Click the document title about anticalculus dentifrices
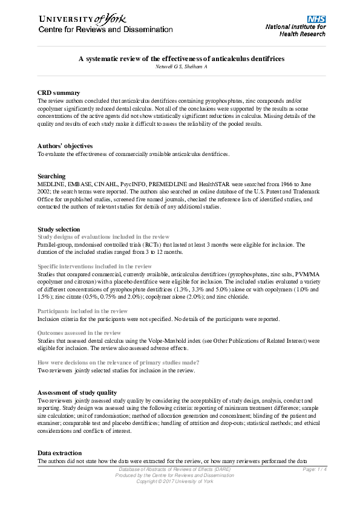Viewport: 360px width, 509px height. coord(182,59)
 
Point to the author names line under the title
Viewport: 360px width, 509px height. coord(182,66)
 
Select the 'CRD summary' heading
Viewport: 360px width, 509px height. coord(59,92)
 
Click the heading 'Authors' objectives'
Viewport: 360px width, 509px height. coord(65,146)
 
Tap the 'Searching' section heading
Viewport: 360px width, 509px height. coord(51,177)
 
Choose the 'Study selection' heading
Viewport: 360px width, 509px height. coord(59,230)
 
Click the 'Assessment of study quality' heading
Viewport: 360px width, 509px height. coord(81,392)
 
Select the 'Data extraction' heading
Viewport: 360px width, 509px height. coord(61,453)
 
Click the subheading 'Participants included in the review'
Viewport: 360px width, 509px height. coord(82,311)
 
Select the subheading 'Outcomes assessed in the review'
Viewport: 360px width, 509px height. coord(79,333)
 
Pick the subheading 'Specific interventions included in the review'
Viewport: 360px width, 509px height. coord(94,266)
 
